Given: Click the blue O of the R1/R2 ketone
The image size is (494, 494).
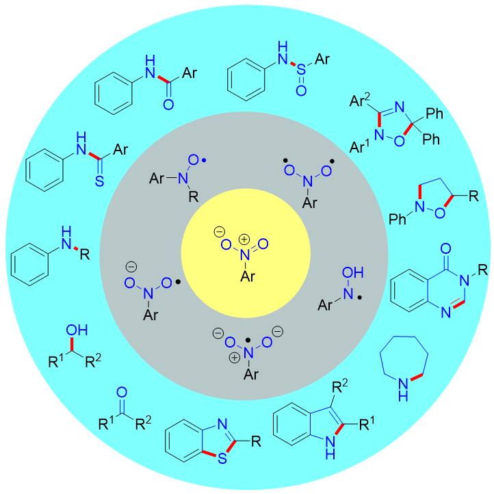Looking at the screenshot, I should (x=122, y=393).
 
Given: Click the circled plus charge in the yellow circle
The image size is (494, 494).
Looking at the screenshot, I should (x=245, y=239).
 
